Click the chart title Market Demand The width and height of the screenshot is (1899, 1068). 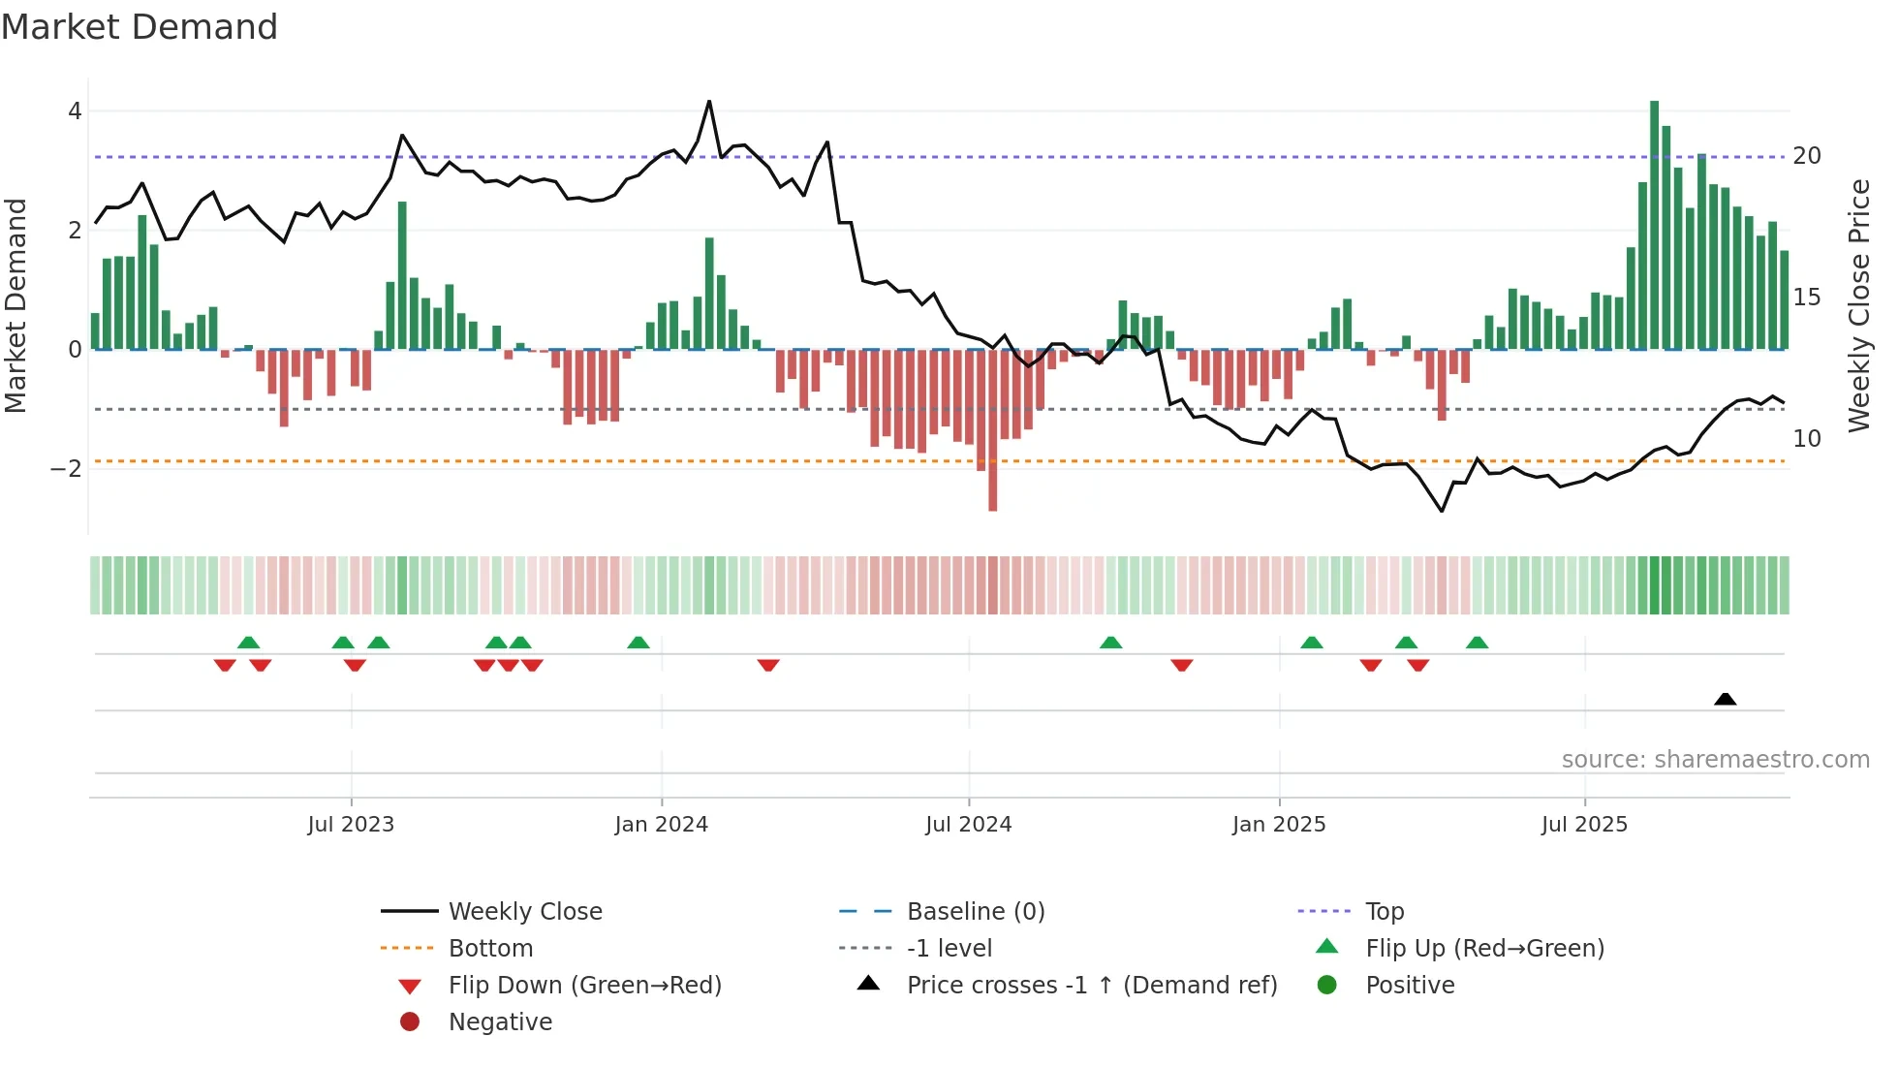point(140,27)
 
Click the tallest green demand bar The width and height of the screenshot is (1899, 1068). point(1654,225)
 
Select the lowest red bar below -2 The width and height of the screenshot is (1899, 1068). point(992,430)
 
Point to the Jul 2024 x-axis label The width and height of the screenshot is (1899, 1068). point(968,825)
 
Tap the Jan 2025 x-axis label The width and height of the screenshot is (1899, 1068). point(1278,825)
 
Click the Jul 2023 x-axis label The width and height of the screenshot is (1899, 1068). point(351,825)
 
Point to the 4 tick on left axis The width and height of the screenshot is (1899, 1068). point(75,111)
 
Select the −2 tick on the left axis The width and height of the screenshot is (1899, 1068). point(67,469)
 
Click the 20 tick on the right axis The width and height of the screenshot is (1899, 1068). point(1806,156)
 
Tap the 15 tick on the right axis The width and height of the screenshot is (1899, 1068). point(1806,298)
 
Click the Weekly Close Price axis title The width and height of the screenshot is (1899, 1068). point(1858,305)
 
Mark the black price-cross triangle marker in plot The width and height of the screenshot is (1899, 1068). point(1725,699)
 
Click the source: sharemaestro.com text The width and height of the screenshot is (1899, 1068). point(1715,760)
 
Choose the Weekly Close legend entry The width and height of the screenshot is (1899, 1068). point(524,912)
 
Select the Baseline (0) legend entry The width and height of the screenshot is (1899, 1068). point(975,912)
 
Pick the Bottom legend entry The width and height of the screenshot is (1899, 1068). point(490,949)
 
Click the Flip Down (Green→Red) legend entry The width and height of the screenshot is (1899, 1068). point(584,986)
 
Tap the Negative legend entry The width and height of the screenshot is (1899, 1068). point(500,1022)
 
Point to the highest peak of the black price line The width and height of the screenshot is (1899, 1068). point(709,101)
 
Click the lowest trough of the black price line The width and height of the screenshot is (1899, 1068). point(1442,511)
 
